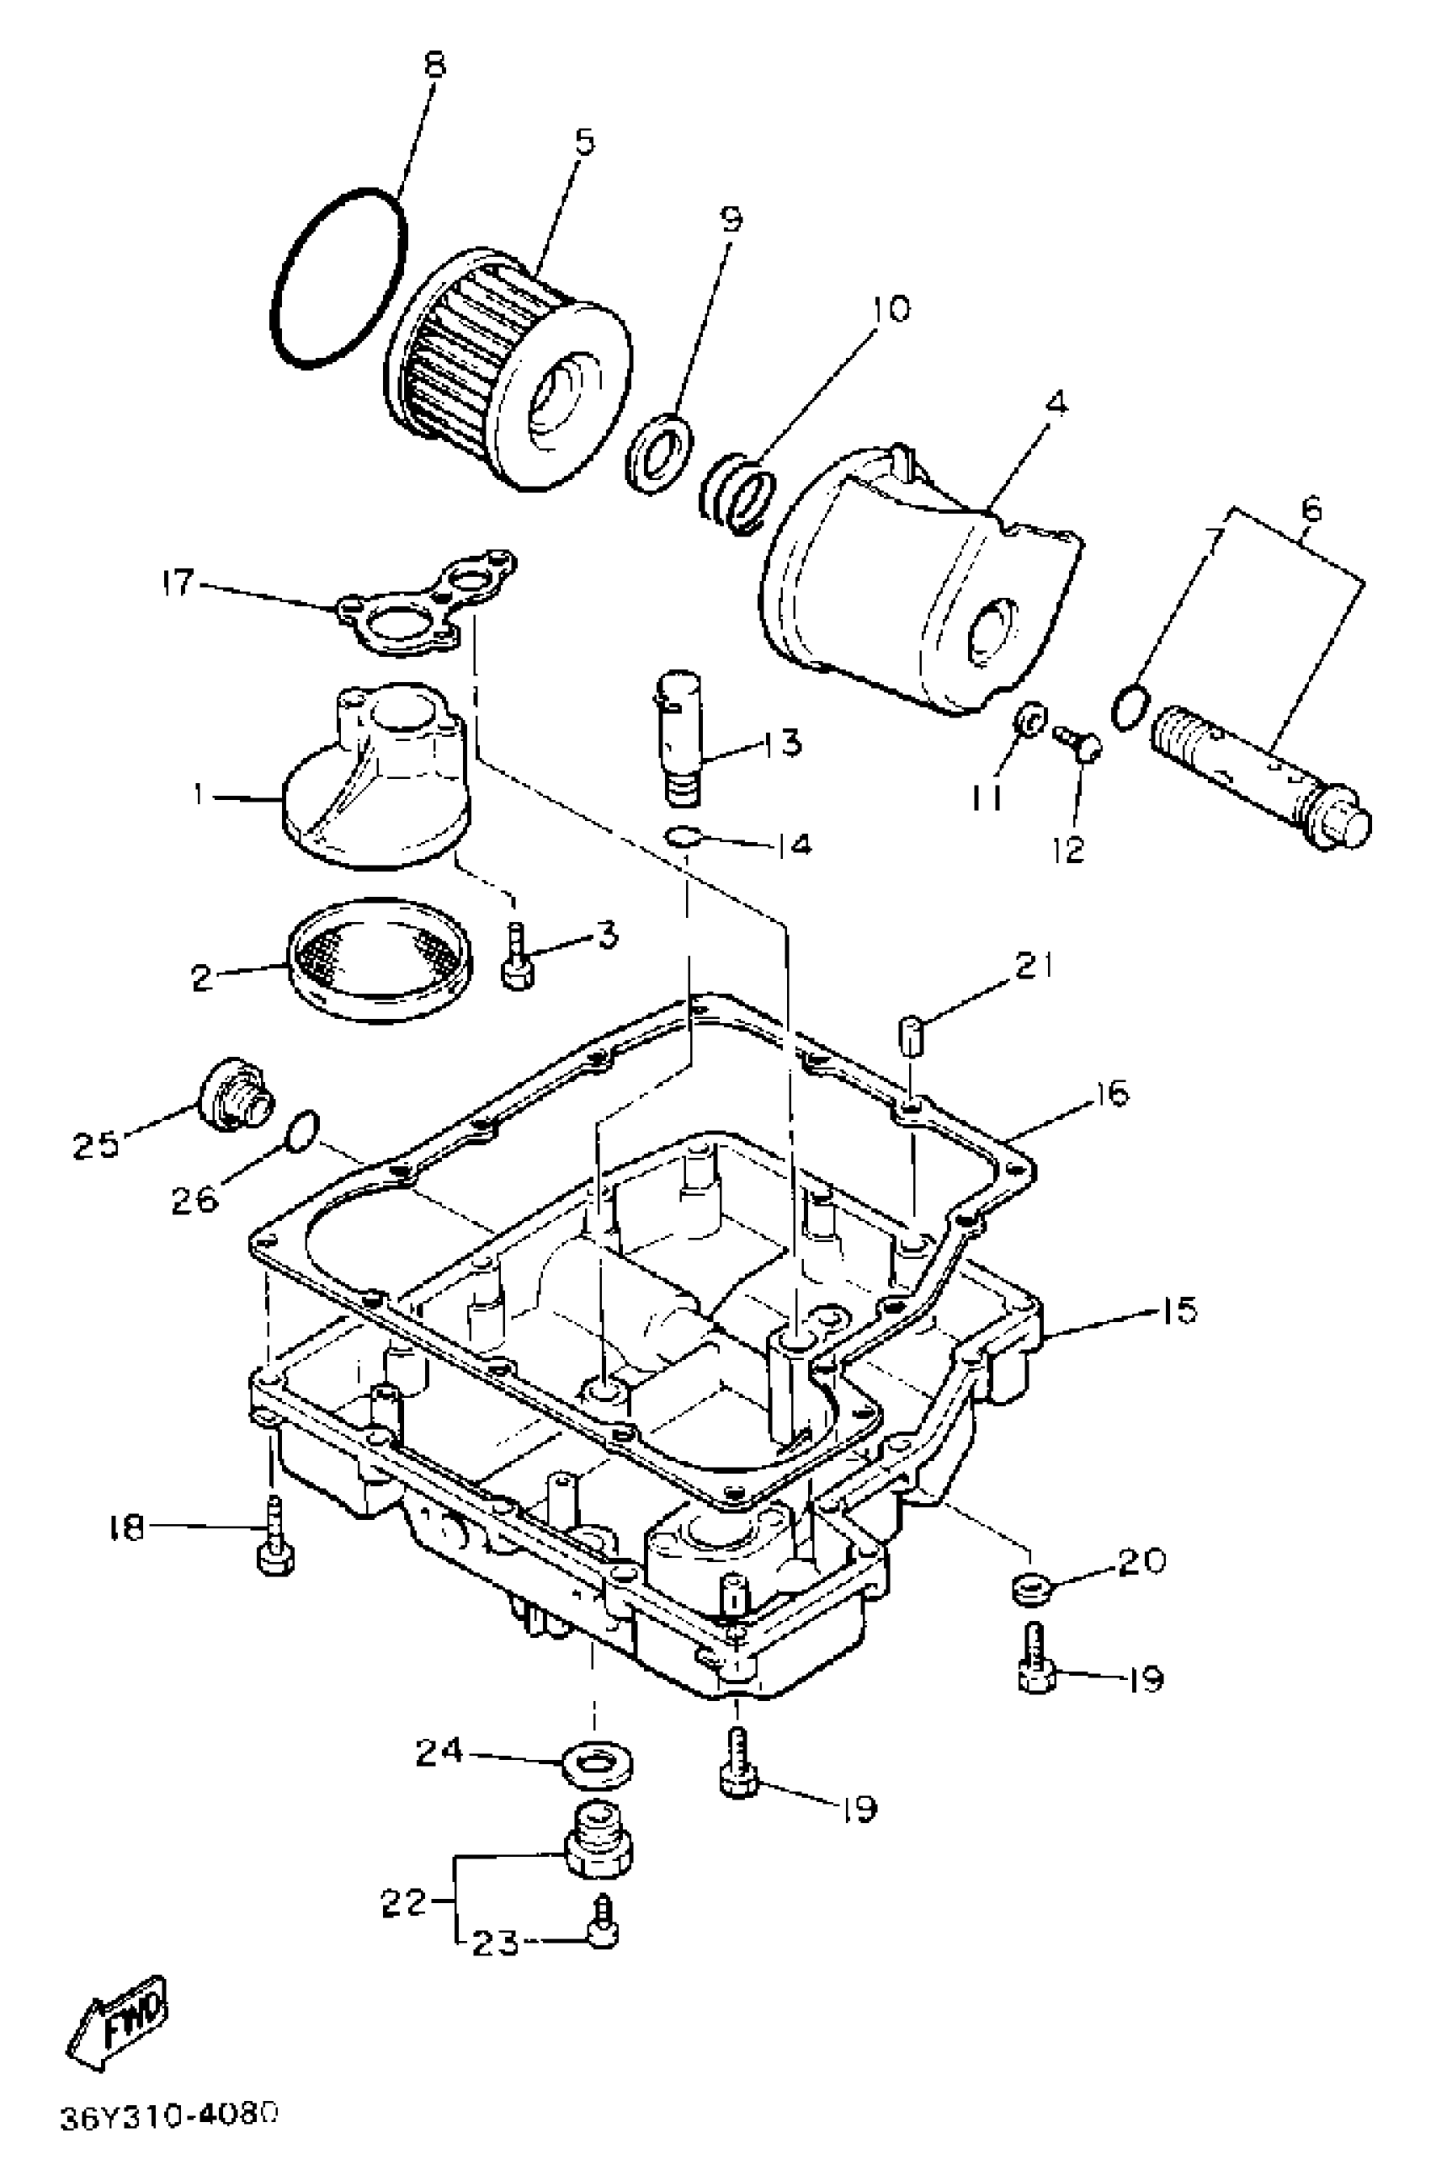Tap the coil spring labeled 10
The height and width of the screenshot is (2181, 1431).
pos(737,494)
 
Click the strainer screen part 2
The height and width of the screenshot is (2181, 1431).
pos(381,957)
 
